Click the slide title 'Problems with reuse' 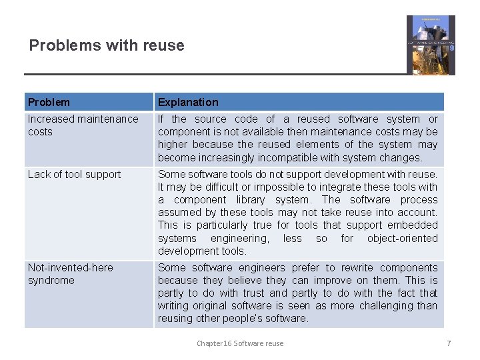(107, 45)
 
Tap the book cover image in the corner (431, 45)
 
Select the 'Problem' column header (49, 102)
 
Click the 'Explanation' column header (188, 102)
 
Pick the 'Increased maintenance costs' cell (83, 125)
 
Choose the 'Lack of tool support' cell (74, 175)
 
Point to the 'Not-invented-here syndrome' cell (70, 274)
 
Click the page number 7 (449, 343)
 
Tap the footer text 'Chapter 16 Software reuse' (239, 343)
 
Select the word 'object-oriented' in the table (402, 238)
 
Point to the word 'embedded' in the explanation (413, 225)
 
